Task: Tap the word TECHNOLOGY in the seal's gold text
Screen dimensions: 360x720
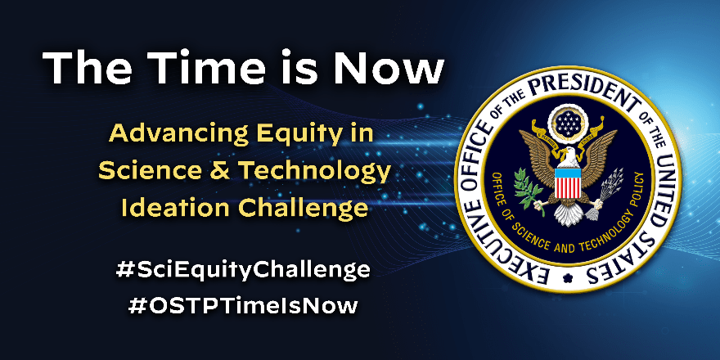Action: [x=601, y=238]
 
